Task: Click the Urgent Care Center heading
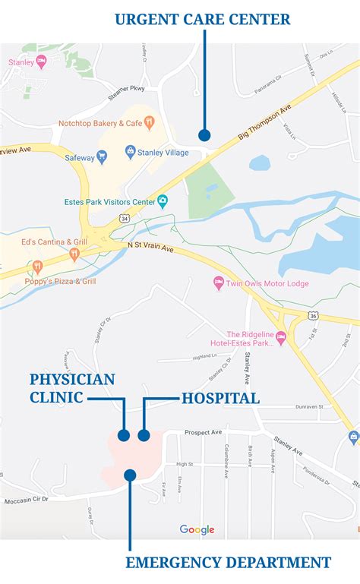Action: [x=203, y=19]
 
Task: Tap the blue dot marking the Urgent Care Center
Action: [x=204, y=135]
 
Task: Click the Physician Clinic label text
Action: [x=72, y=387]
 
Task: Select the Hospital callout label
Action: [x=219, y=398]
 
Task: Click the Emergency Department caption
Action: [x=228, y=563]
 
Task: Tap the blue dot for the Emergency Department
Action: [x=130, y=475]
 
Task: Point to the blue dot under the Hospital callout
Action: [x=144, y=435]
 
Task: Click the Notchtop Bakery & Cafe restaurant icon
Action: [x=150, y=122]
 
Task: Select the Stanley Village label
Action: [x=163, y=152]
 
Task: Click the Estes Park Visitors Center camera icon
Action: [x=163, y=201]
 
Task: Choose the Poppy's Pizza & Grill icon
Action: [x=36, y=267]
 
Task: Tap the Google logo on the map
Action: [x=197, y=529]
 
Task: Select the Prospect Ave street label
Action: [x=202, y=432]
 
